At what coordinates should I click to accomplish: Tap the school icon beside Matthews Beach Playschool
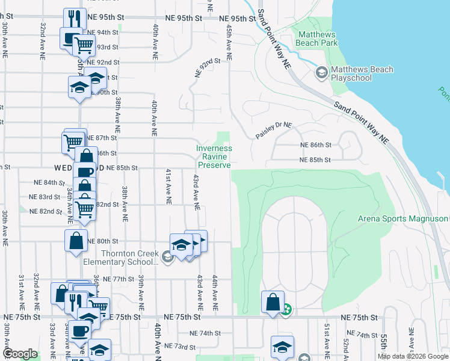click(x=321, y=73)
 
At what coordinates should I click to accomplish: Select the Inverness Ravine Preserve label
click(x=215, y=156)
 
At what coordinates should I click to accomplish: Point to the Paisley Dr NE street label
click(x=273, y=131)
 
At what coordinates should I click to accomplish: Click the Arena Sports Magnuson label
click(x=403, y=218)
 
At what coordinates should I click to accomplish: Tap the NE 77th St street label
click(x=117, y=279)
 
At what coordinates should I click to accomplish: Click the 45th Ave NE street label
click(x=229, y=42)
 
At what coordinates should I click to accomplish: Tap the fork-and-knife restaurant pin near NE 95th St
click(x=75, y=18)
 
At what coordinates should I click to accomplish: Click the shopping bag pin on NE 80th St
click(x=76, y=241)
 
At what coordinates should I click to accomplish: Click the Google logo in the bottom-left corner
click(x=20, y=354)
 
